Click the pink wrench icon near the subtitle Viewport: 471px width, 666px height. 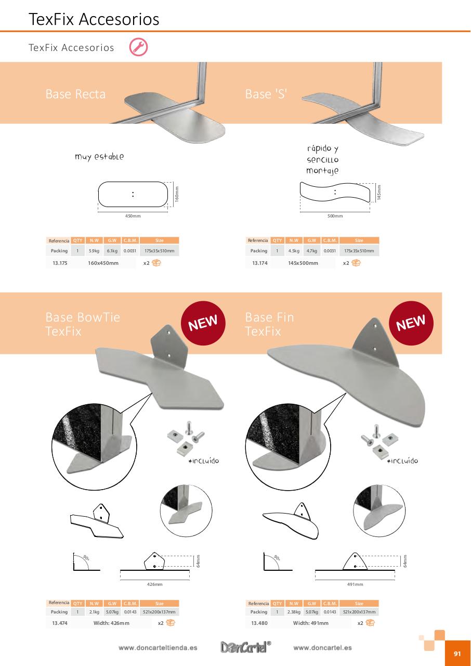coord(138,47)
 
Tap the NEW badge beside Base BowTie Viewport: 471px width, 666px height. coord(203,323)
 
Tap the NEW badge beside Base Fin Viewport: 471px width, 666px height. coord(411,323)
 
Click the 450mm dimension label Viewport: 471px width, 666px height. coord(133,216)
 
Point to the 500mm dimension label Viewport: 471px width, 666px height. coord(335,216)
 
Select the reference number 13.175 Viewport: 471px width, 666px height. coord(60,263)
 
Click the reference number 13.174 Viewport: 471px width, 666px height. coord(260,263)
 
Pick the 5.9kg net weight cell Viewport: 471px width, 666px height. coord(94,251)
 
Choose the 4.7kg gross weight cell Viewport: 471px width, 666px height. coord(312,251)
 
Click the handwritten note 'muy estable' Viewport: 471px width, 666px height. coord(99,157)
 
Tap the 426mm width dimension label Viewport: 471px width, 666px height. coord(155,584)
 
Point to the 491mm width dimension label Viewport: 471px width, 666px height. coord(355,584)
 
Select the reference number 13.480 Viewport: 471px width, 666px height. coord(259,623)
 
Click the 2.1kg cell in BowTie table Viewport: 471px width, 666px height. coord(94,612)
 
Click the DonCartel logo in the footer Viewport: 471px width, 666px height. coord(245,647)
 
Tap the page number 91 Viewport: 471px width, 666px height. coord(457,654)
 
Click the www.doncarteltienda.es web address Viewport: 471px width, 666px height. coord(158,648)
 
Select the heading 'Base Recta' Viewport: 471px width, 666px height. coord(75,94)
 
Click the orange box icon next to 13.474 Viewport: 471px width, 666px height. coord(171,623)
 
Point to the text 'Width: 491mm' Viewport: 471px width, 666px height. coord(311,623)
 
